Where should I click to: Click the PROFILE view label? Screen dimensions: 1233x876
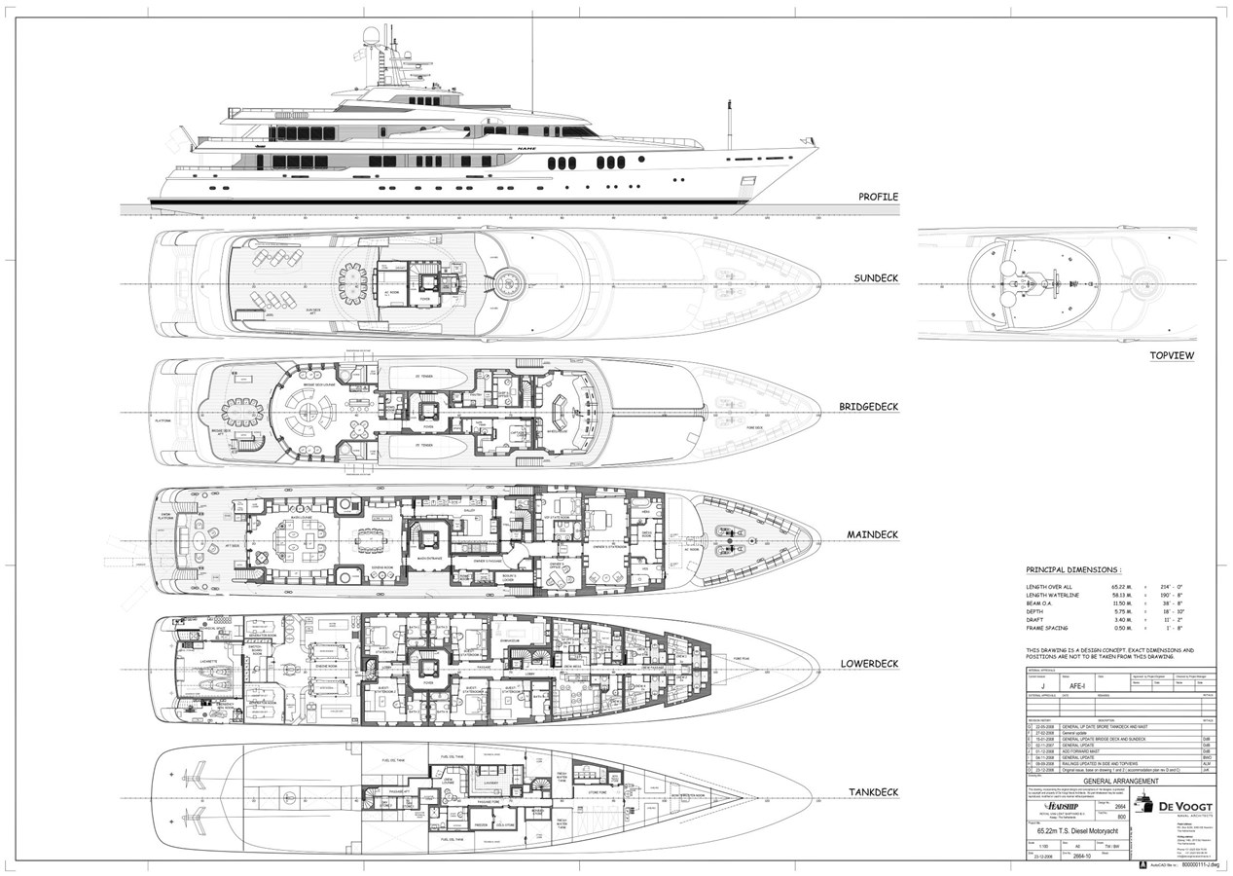pyautogui.click(x=878, y=197)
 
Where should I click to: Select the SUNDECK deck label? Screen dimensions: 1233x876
pyautogui.click(x=876, y=278)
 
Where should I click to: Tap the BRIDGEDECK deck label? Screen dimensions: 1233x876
pyautogui.click(x=870, y=409)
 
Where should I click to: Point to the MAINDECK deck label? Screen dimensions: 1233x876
pyautogui.click(x=872, y=535)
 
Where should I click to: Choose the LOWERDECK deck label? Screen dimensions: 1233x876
pyautogui.click(x=869, y=665)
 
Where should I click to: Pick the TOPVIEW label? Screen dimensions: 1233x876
pyautogui.click(x=1172, y=355)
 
